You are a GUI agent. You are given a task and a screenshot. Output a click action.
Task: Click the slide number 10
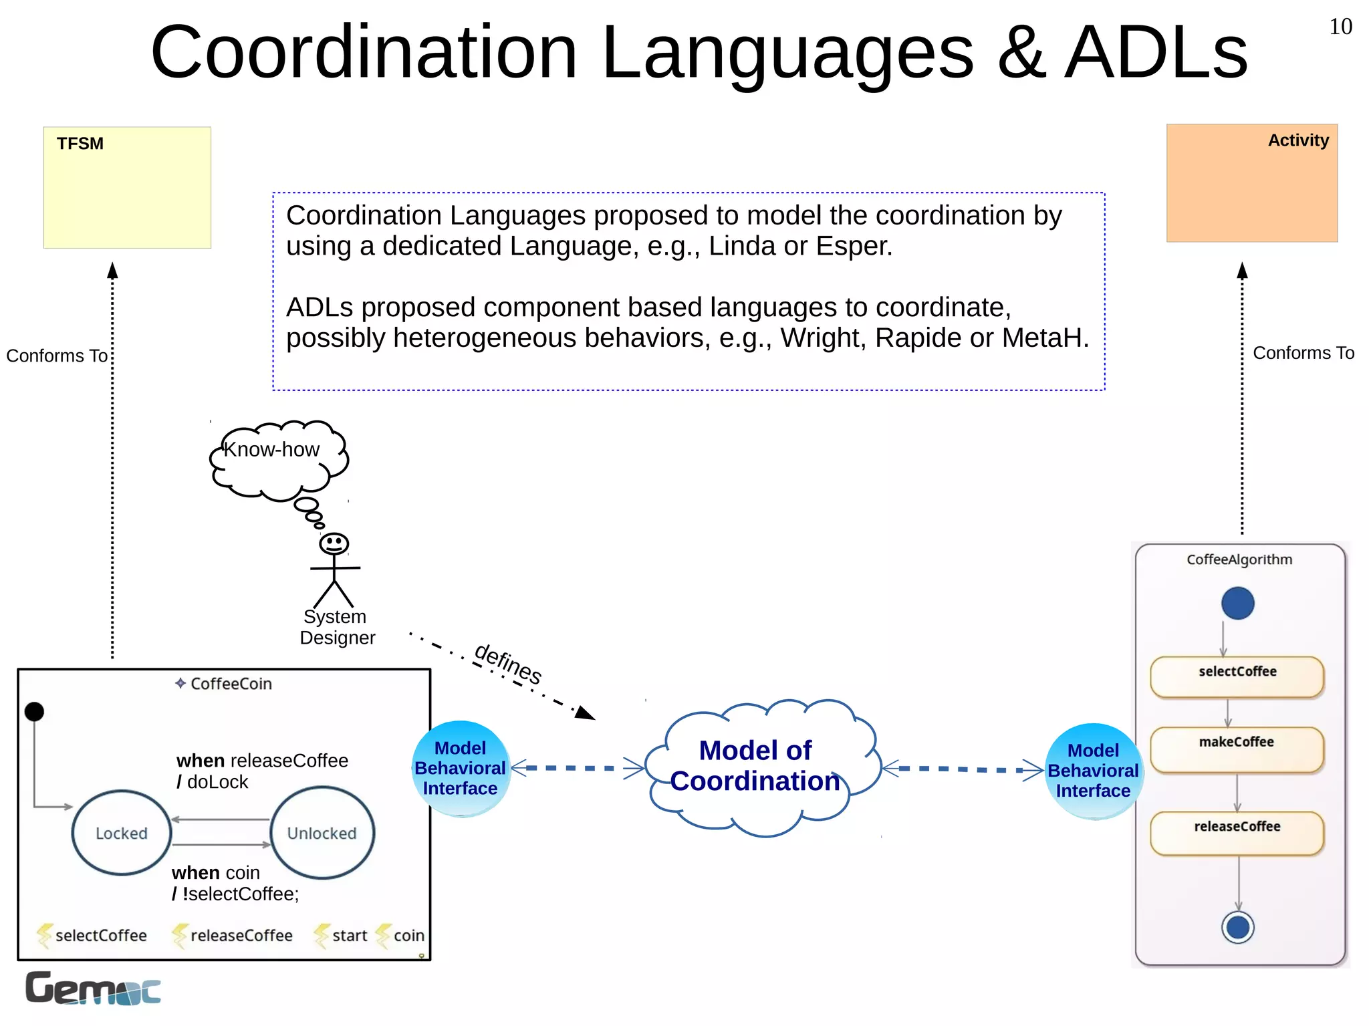1340,27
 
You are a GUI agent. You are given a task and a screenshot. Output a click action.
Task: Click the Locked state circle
122,832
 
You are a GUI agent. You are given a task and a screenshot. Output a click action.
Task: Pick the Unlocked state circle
322,832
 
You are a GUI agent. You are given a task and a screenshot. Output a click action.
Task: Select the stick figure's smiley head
334,543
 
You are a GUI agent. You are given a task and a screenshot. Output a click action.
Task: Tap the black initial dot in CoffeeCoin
34,712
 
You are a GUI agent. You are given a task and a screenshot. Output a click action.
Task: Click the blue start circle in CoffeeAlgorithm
1237,603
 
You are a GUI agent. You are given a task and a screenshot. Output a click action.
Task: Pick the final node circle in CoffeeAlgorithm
1237,927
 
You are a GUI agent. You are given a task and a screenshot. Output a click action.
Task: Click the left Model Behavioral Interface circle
460,769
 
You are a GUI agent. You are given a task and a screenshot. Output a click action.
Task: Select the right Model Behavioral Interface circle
1093,771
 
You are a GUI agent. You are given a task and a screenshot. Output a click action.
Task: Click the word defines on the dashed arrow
507,664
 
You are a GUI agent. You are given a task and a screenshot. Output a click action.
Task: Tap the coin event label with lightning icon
401,935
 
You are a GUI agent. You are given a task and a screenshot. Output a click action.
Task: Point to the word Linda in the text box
742,246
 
